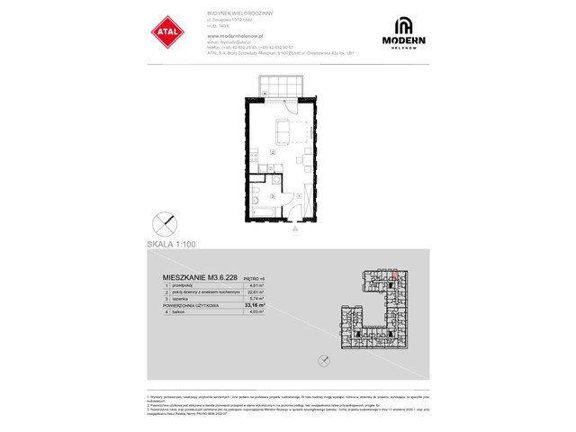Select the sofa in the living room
point(282,132)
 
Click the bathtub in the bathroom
point(264,211)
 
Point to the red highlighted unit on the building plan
point(394,278)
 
